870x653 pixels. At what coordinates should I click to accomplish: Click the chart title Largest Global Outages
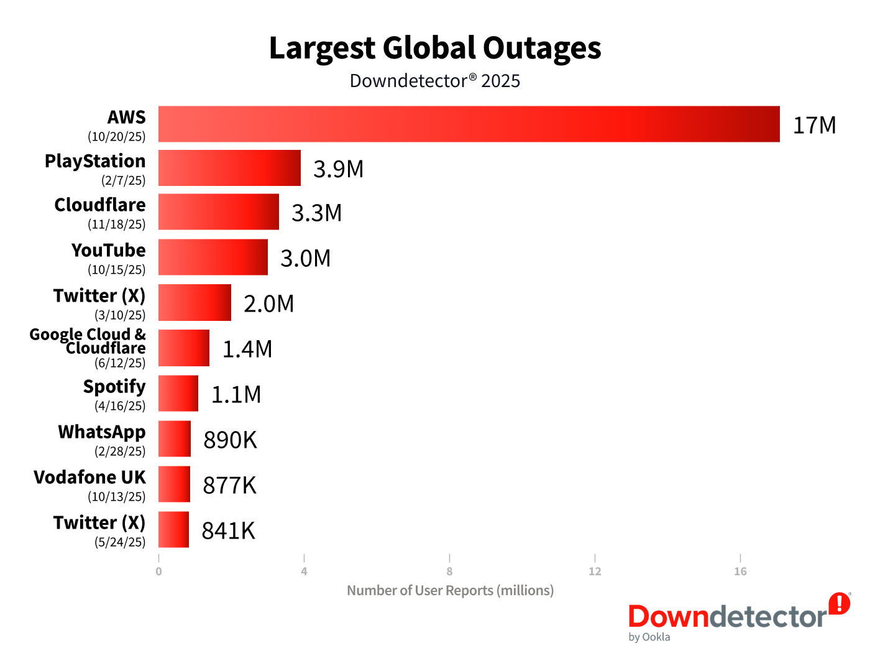[435, 49]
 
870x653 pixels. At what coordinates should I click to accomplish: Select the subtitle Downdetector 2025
[435, 81]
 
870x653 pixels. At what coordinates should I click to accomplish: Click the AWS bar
[469, 124]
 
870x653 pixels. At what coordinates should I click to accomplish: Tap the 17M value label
[814, 126]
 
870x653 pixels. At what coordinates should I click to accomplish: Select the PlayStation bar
[229, 168]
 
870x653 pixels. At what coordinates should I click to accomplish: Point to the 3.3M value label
[317, 213]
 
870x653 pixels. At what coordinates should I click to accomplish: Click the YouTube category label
[109, 250]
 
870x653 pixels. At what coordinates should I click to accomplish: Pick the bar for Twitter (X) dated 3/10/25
[195, 303]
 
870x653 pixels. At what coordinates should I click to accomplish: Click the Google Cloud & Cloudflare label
[88, 341]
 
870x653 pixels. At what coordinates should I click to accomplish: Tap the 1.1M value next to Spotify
[236, 395]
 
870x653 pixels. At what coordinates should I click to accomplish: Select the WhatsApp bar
[175, 439]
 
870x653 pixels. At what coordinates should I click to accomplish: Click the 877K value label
[229, 486]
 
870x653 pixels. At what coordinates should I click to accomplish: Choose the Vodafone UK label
[90, 477]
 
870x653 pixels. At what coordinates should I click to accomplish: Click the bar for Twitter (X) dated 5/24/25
[173, 530]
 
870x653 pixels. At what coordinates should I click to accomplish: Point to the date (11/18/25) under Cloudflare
[117, 225]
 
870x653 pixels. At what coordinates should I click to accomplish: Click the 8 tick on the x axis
[449, 572]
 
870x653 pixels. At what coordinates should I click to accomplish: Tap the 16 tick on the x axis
[740, 572]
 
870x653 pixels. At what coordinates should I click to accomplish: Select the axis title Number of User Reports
[450, 590]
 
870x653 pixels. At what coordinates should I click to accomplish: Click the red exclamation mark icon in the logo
[840, 603]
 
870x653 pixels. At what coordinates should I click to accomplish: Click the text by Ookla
[649, 637]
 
